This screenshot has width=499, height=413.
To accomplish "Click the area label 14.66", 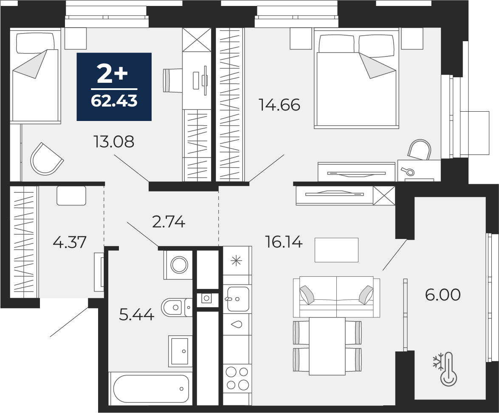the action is point(280,105).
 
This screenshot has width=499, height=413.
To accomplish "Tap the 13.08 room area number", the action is point(114,142).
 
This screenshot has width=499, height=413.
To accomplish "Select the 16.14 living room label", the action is point(284,243).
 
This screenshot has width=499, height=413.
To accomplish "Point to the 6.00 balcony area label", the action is point(443,295).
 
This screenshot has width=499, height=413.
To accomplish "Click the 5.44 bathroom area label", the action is point(136,315).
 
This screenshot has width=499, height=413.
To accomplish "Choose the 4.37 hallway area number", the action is point(69,242).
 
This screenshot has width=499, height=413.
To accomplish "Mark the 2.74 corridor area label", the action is point(169,222).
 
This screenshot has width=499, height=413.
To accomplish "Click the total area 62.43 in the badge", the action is point(114,101).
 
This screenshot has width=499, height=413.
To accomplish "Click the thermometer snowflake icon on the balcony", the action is point(445,369).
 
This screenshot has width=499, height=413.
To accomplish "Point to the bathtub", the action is point(151,389).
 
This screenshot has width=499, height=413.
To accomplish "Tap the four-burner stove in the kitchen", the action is point(237,379).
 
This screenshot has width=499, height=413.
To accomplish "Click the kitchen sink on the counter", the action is point(238,299).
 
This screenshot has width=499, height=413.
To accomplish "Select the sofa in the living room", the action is point(337,297).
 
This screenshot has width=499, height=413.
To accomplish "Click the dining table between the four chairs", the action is point(327,346).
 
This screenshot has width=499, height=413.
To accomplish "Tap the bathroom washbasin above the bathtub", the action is point(180,351).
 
